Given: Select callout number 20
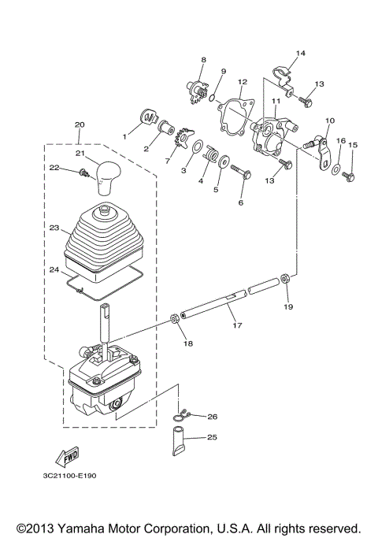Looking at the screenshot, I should (x=79, y=124).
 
